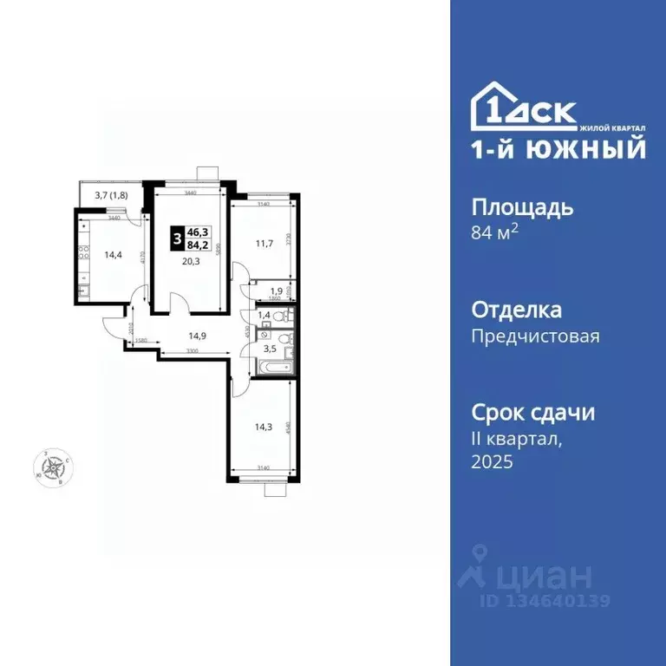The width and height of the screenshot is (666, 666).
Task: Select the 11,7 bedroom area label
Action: click(x=265, y=244)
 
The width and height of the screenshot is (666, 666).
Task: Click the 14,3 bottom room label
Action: click(x=262, y=427)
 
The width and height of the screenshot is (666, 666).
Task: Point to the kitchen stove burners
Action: click(x=83, y=253)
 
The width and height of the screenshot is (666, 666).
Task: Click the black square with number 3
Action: click(x=177, y=237)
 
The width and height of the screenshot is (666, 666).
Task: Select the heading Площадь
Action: click(x=522, y=207)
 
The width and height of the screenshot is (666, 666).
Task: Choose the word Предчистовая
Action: click(x=535, y=336)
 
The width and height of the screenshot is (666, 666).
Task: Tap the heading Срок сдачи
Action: click(x=532, y=412)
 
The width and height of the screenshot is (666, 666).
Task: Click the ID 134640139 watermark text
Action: click(x=545, y=600)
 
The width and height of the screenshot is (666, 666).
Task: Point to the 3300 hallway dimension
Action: click(x=198, y=351)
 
